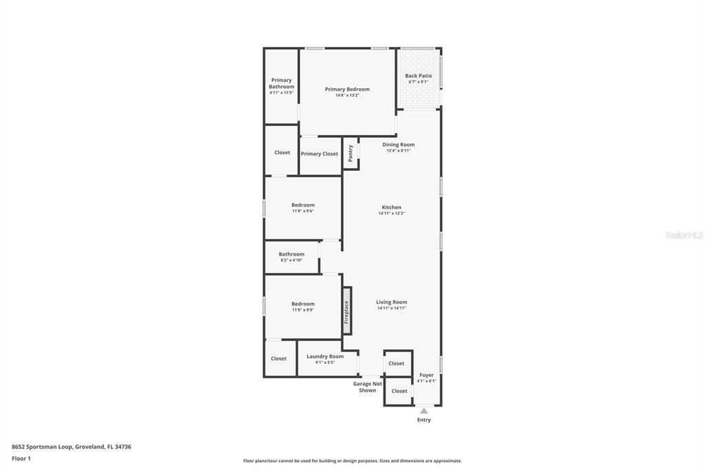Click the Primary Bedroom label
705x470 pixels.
tap(347, 90)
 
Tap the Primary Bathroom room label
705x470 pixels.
tap(281, 83)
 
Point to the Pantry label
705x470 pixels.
tap(350, 153)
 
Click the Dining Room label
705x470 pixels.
tap(398, 145)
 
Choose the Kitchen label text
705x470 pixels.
tap(391, 207)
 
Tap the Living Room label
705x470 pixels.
tap(391, 303)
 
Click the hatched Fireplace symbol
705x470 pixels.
tap(347, 310)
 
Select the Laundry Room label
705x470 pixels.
tap(325, 357)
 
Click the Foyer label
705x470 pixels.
tap(426, 376)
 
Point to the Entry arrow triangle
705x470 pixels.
tap(424, 411)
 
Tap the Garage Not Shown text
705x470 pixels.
tap(367, 387)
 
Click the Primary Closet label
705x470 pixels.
tap(319, 154)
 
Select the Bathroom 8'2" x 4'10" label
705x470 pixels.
tap(291, 255)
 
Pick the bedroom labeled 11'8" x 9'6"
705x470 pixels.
tap(302, 205)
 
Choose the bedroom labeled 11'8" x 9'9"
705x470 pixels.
tap(302, 305)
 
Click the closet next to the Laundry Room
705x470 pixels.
tap(279, 358)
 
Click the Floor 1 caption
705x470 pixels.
tap(21, 458)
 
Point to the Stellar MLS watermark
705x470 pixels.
tap(684, 235)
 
